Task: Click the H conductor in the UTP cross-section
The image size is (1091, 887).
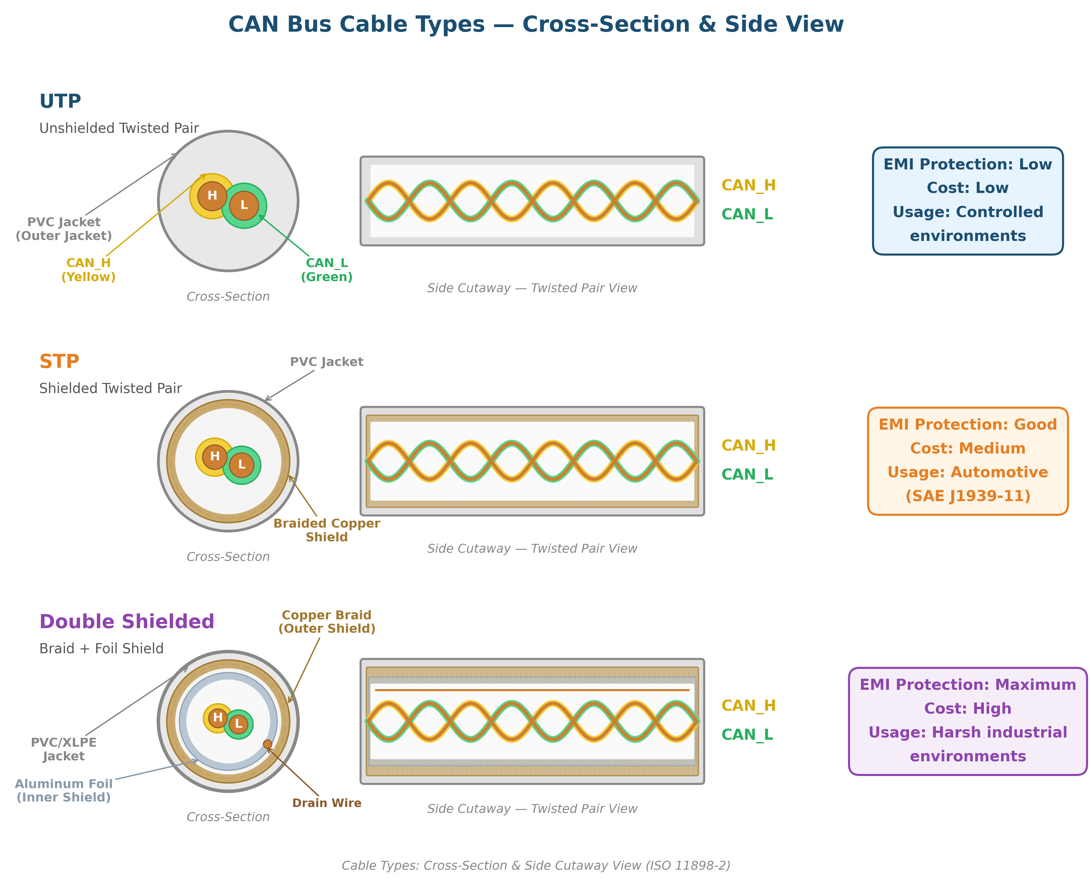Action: click(212, 196)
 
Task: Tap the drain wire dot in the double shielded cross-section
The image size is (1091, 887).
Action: click(267, 744)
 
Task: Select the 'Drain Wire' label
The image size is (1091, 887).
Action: click(326, 803)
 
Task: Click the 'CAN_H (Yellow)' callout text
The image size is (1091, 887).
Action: click(88, 270)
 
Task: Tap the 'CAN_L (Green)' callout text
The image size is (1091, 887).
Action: click(326, 270)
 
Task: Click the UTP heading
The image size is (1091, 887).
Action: click(60, 101)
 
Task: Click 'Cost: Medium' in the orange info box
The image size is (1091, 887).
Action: click(967, 448)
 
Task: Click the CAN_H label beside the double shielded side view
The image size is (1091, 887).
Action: click(748, 705)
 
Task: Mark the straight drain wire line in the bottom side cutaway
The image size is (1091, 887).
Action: click(531, 690)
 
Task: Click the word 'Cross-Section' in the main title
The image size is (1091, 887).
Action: click(606, 24)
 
